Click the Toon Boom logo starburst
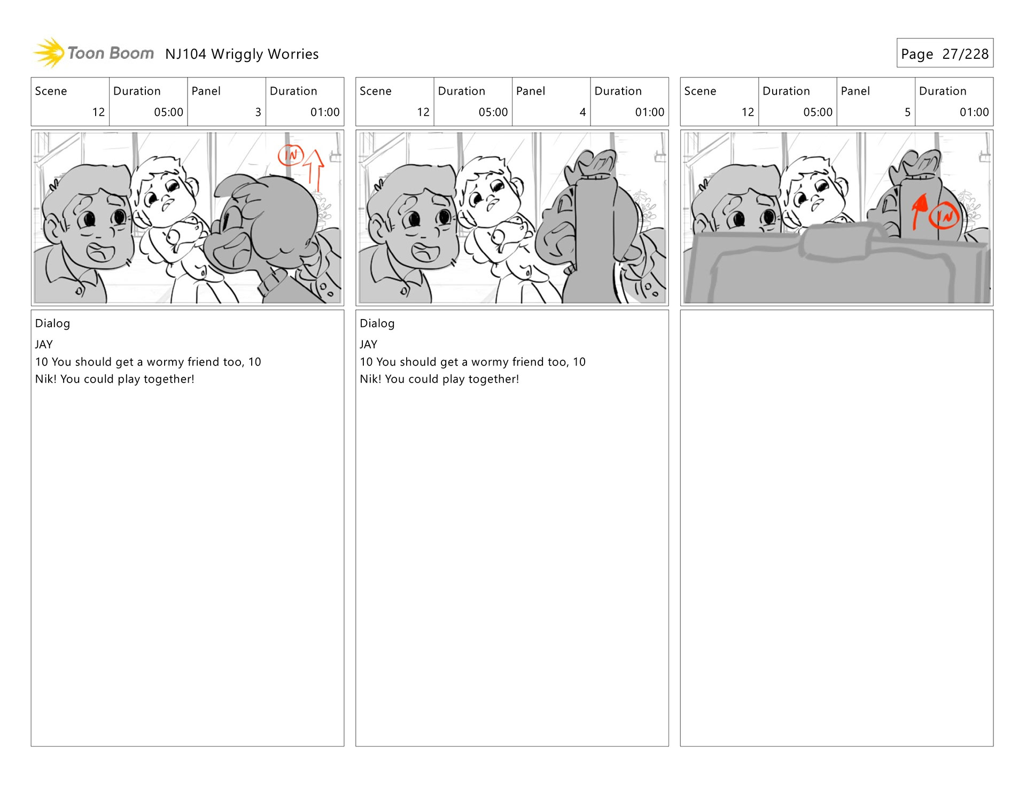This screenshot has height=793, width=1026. click(x=49, y=53)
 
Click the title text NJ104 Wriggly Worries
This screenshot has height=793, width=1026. click(x=242, y=55)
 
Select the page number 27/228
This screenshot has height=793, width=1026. click(x=965, y=54)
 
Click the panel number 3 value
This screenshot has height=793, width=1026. click(x=258, y=112)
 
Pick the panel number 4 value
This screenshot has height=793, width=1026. click(x=582, y=112)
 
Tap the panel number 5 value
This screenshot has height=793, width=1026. click(x=907, y=112)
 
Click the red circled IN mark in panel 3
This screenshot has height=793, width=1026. click(x=291, y=155)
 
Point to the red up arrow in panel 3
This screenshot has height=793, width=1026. click(x=315, y=170)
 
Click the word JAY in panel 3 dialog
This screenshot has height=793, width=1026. click(x=44, y=345)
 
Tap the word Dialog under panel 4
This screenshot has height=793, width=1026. click(x=377, y=323)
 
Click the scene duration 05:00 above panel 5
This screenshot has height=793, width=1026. click(x=818, y=112)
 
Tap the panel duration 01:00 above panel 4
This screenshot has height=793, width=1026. click(x=649, y=112)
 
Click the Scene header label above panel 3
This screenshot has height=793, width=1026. click(x=51, y=91)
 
